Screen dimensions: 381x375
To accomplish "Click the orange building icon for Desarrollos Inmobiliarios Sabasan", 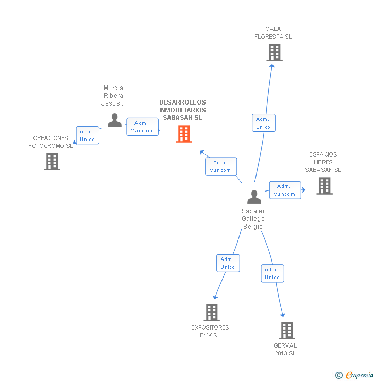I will coord(184,134).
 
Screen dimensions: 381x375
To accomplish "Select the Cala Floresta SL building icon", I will coord(274,53).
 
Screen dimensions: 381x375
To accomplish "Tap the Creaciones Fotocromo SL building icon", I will coord(52,162).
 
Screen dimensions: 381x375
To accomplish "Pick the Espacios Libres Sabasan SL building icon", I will coord(324,186).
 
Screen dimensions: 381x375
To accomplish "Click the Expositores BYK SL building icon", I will coord(212,312).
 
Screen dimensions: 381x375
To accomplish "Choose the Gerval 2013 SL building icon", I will coord(287,331).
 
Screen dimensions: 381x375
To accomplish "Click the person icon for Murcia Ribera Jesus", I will coord(114,120).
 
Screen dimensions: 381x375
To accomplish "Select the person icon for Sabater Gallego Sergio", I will coord(254,197).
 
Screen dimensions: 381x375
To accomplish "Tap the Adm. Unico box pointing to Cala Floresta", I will coord(263,123).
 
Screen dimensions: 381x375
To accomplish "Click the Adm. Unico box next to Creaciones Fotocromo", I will coord(88,135).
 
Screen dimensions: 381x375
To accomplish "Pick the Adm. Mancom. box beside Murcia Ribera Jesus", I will coord(142,127).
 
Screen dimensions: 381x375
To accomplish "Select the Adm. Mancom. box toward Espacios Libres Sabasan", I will coord(285,190).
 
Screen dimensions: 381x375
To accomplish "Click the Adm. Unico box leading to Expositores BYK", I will coord(228,263).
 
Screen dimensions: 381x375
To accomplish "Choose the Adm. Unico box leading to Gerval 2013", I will coord(272,273).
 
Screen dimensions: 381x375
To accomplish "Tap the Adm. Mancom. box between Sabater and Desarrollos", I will coord(221,166).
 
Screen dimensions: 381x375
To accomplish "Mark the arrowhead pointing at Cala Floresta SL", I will coord(272,68).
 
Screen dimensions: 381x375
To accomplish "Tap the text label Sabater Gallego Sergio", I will coord(253,219).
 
